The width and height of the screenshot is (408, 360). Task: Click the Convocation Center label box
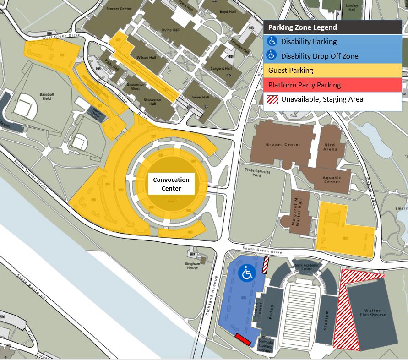pyautogui.click(x=171, y=184)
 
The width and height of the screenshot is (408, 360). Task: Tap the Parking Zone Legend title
pyautogui.click(x=302, y=27)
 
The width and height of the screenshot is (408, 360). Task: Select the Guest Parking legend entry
pyautogui.click(x=291, y=71)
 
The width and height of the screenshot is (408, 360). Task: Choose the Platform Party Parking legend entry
pyautogui.click(x=305, y=85)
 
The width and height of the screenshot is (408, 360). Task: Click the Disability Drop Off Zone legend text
pyautogui.click(x=319, y=56)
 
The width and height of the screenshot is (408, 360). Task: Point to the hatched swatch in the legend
pyautogui.click(x=272, y=99)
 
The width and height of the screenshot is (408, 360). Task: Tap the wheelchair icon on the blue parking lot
pyautogui.click(x=247, y=273)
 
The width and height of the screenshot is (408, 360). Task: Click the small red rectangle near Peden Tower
pyautogui.click(x=242, y=339)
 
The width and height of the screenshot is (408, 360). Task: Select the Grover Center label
pyautogui.click(x=283, y=145)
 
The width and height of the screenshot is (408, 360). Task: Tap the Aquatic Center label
pyautogui.click(x=332, y=180)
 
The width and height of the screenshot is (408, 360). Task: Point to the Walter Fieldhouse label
pyautogui.click(x=373, y=313)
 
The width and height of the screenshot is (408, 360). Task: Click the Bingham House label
pyautogui.click(x=192, y=266)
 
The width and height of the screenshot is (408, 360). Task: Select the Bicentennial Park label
pyautogui.click(x=257, y=172)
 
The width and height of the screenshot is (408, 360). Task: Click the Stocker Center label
pyautogui.click(x=119, y=9)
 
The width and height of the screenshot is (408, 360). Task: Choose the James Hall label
pyautogui.click(x=200, y=97)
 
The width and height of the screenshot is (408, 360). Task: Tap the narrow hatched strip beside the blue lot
pyautogui.click(x=265, y=265)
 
